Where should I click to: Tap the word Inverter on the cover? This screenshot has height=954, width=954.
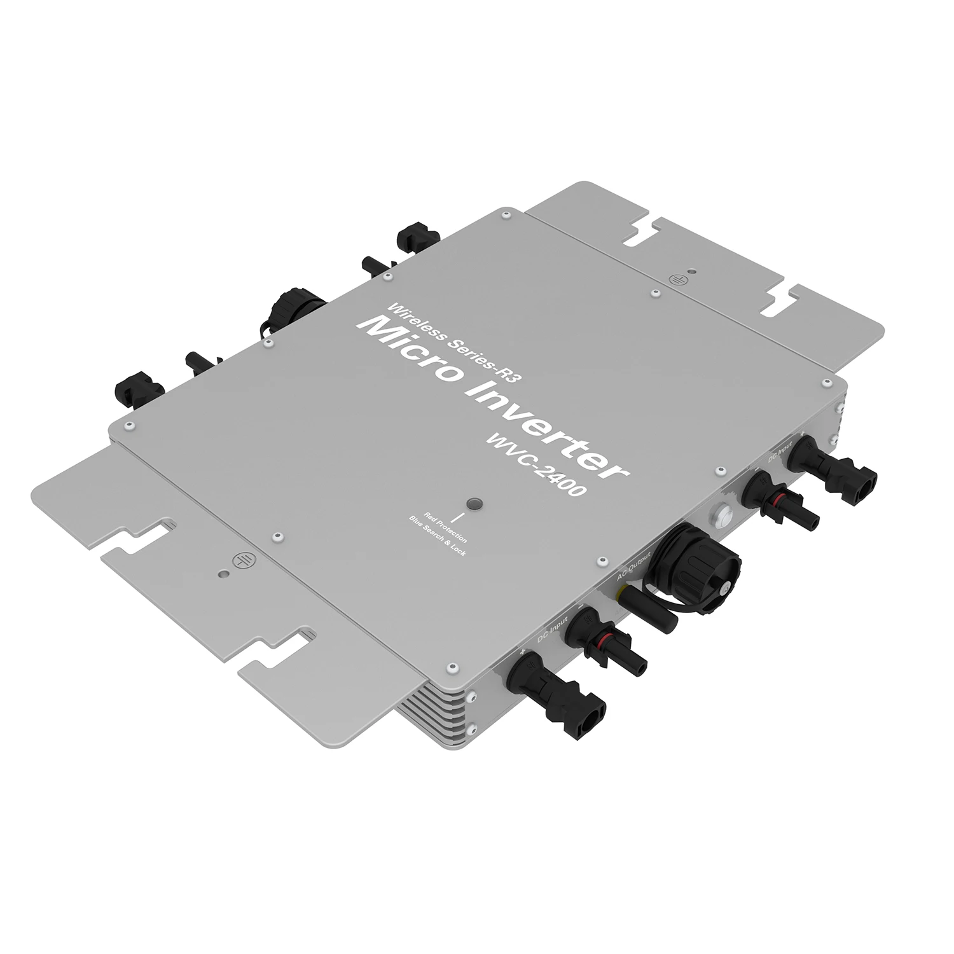pyautogui.click(x=541, y=427)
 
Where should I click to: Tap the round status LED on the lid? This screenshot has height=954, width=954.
pyautogui.click(x=473, y=504)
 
